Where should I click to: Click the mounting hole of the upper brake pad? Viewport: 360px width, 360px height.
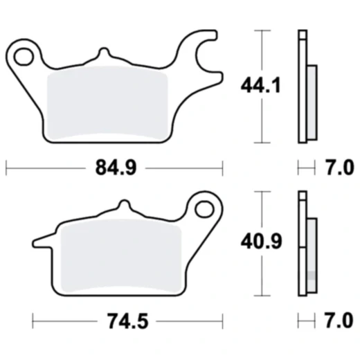(x=26, y=53)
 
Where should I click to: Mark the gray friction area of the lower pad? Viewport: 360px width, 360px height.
(x=120, y=260)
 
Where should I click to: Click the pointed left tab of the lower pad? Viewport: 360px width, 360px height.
(x=38, y=242)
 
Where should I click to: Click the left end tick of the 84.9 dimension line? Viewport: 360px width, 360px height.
(x=6, y=167)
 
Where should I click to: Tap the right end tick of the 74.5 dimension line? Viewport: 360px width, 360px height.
(x=222, y=322)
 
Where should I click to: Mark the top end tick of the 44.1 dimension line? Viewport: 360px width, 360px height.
(x=262, y=31)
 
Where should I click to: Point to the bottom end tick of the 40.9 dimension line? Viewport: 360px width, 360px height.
(x=262, y=296)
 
